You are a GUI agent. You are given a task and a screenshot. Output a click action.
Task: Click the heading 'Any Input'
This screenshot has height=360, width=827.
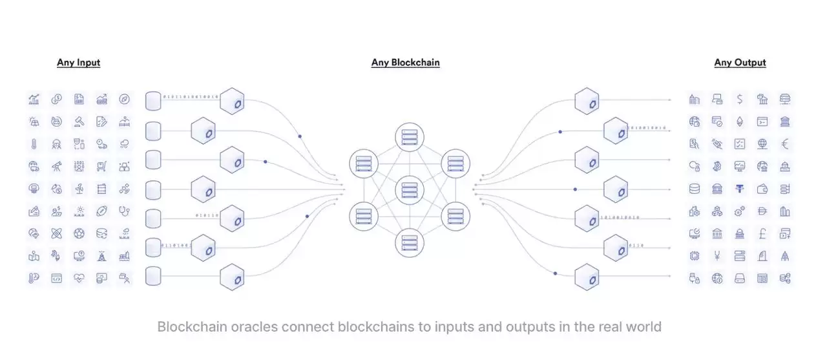pyautogui.click(x=78, y=63)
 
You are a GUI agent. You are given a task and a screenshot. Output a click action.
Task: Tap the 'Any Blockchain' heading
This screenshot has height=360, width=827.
pyautogui.click(x=405, y=63)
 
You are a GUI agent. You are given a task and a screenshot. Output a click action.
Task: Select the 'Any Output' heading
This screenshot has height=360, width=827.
pyautogui.click(x=740, y=63)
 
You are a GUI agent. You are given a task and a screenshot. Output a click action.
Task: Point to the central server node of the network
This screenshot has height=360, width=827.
pyautogui.click(x=409, y=190)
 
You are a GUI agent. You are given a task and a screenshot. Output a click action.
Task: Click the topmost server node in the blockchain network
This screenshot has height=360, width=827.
pyautogui.click(x=409, y=138)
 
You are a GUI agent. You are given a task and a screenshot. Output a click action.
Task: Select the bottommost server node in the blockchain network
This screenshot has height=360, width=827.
pyautogui.click(x=409, y=242)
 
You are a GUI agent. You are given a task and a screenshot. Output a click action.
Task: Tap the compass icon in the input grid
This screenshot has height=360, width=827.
pyautogui.click(x=124, y=99)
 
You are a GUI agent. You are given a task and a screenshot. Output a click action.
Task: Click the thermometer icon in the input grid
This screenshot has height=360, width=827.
pyautogui.click(x=34, y=144)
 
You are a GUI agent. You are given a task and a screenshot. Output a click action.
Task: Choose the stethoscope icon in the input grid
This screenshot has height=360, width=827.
pyautogui.click(x=124, y=211)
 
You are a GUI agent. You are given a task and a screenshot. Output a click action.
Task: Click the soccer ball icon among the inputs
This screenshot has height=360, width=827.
pyautogui.click(x=79, y=233)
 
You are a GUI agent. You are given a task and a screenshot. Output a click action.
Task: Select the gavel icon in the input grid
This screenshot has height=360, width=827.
pyautogui.click(x=79, y=122)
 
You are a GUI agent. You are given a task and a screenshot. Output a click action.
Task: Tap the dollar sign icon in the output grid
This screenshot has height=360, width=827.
pyautogui.click(x=740, y=99)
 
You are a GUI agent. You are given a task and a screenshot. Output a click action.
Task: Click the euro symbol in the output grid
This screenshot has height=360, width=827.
pyautogui.click(x=785, y=144)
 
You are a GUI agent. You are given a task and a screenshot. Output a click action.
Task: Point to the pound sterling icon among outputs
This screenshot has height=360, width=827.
pyautogui.click(x=762, y=233)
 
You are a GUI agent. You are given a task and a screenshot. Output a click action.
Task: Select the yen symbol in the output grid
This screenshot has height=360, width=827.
pyautogui.click(x=717, y=256)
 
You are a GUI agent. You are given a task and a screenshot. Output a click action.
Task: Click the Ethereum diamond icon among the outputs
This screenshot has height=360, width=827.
pyautogui.click(x=740, y=122)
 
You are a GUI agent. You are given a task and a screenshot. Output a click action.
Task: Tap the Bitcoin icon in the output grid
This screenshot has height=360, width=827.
pyautogui.click(x=717, y=167)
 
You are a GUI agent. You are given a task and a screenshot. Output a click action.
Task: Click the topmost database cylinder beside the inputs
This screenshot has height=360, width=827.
pyautogui.click(x=153, y=101)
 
